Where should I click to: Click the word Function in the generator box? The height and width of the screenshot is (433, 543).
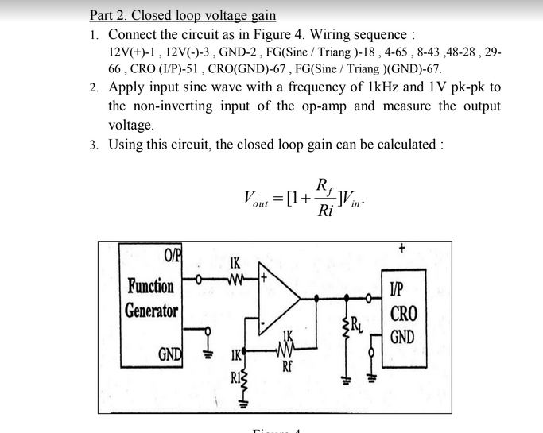[151, 285]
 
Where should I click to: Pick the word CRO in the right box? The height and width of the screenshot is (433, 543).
[402, 313]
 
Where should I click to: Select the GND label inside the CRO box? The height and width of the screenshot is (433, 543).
[401, 337]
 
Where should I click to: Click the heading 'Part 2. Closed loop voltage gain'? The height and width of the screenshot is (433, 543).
[183, 15]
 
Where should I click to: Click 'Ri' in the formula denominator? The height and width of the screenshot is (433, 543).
[325, 213]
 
